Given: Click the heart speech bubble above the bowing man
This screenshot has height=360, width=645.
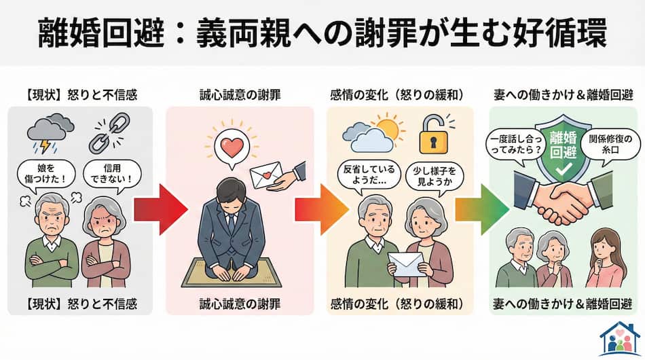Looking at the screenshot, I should point(224,145).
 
